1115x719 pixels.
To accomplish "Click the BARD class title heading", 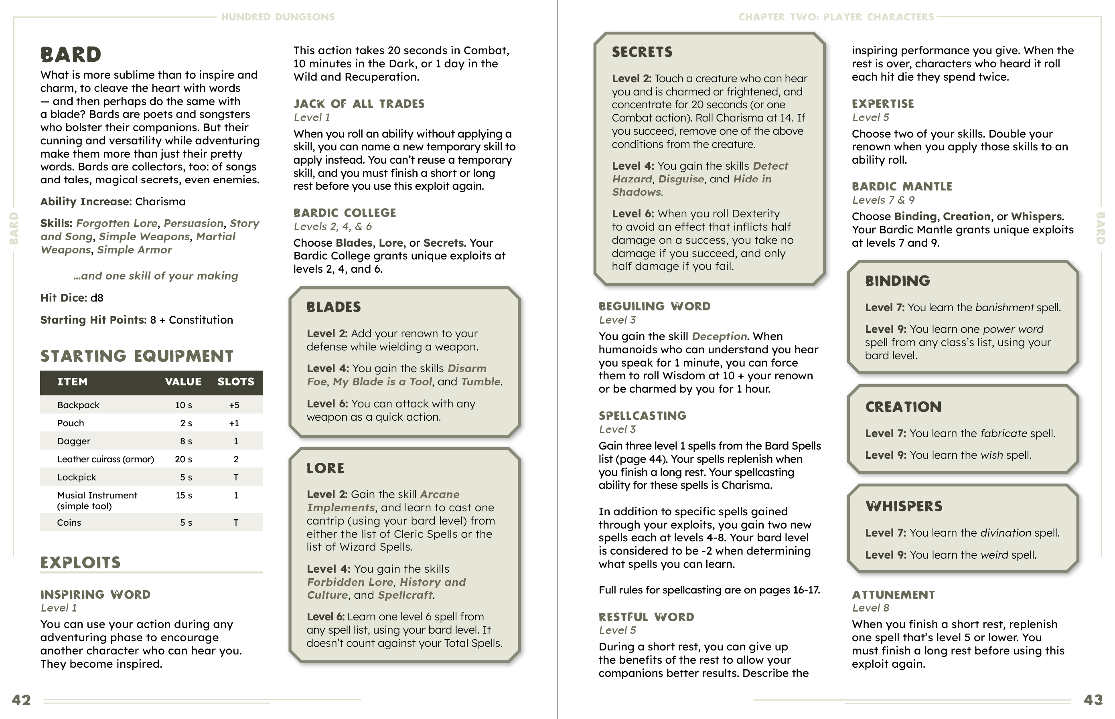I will [71, 55].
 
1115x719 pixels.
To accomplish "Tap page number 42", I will [22, 700].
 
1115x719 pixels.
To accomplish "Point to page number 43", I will [1093, 700].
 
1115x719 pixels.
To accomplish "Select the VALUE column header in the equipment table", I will [183, 382].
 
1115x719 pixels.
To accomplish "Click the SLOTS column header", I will [236, 382].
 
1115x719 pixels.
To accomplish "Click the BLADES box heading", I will [334, 307].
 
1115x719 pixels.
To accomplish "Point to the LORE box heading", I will [325, 468].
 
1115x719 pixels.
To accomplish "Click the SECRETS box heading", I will [642, 52].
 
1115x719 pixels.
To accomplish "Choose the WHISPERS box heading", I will [904, 506].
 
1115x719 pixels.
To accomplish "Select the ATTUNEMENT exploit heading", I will [893, 595].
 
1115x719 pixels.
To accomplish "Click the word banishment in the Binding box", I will [1004, 308].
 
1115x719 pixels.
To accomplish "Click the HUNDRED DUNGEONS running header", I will [278, 17].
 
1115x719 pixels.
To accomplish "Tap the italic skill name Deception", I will [719, 336].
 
